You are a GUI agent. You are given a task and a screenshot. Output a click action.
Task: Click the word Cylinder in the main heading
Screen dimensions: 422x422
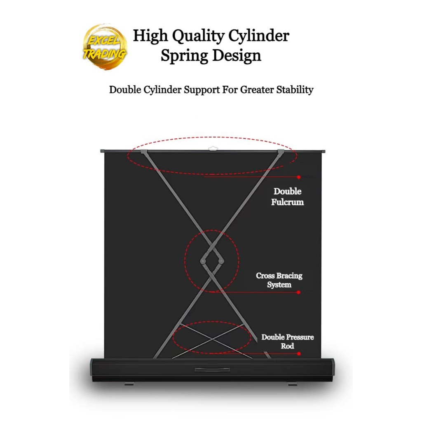tap(258, 36)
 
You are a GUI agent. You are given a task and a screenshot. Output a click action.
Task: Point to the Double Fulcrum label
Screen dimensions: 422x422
tap(287, 197)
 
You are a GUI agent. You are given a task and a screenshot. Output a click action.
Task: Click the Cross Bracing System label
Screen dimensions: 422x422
tap(279, 280)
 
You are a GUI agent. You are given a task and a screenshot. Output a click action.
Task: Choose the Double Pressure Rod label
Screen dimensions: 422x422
tap(287, 342)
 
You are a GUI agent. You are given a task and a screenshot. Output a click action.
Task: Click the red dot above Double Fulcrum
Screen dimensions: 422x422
tap(299, 177)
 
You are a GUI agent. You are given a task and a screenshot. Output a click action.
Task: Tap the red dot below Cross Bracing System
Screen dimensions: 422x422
tap(298, 292)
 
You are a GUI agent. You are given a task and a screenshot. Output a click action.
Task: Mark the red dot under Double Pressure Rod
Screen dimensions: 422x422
tap(299, 354)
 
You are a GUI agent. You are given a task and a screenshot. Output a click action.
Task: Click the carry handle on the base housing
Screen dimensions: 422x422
tap(212, 370)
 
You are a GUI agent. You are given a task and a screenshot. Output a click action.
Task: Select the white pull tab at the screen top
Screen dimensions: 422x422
tap(213, 148)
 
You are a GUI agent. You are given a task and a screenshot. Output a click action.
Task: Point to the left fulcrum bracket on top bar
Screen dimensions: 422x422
tap(143, 152)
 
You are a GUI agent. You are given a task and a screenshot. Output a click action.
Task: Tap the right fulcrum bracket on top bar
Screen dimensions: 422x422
tap(281, 152)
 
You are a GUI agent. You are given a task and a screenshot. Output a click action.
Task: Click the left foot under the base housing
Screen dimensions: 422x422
tap(129, 384)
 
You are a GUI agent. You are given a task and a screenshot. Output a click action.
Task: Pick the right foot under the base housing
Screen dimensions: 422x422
tap(293, 384)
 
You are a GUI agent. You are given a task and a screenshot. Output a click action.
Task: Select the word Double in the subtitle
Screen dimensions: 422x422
tap(125, 89)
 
